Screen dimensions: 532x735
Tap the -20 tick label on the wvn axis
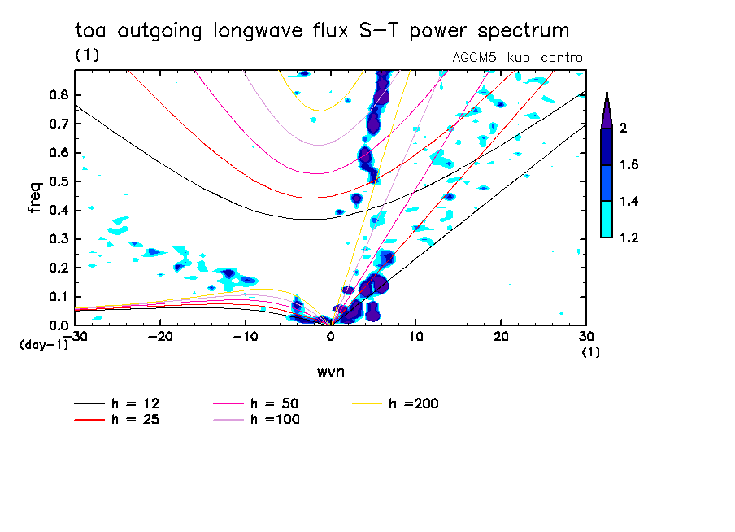click(x=160, y=336)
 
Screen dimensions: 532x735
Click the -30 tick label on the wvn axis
click(x=76, y=336)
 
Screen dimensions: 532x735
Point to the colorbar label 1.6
click(x=630, y=165)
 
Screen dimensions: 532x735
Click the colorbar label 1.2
click(x=630, y=238)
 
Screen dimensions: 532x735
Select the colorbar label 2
click(x=624, y=129)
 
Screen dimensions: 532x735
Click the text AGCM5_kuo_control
click(x=519, y=58)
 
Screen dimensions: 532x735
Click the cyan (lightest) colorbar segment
click(x=607, y=220)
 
